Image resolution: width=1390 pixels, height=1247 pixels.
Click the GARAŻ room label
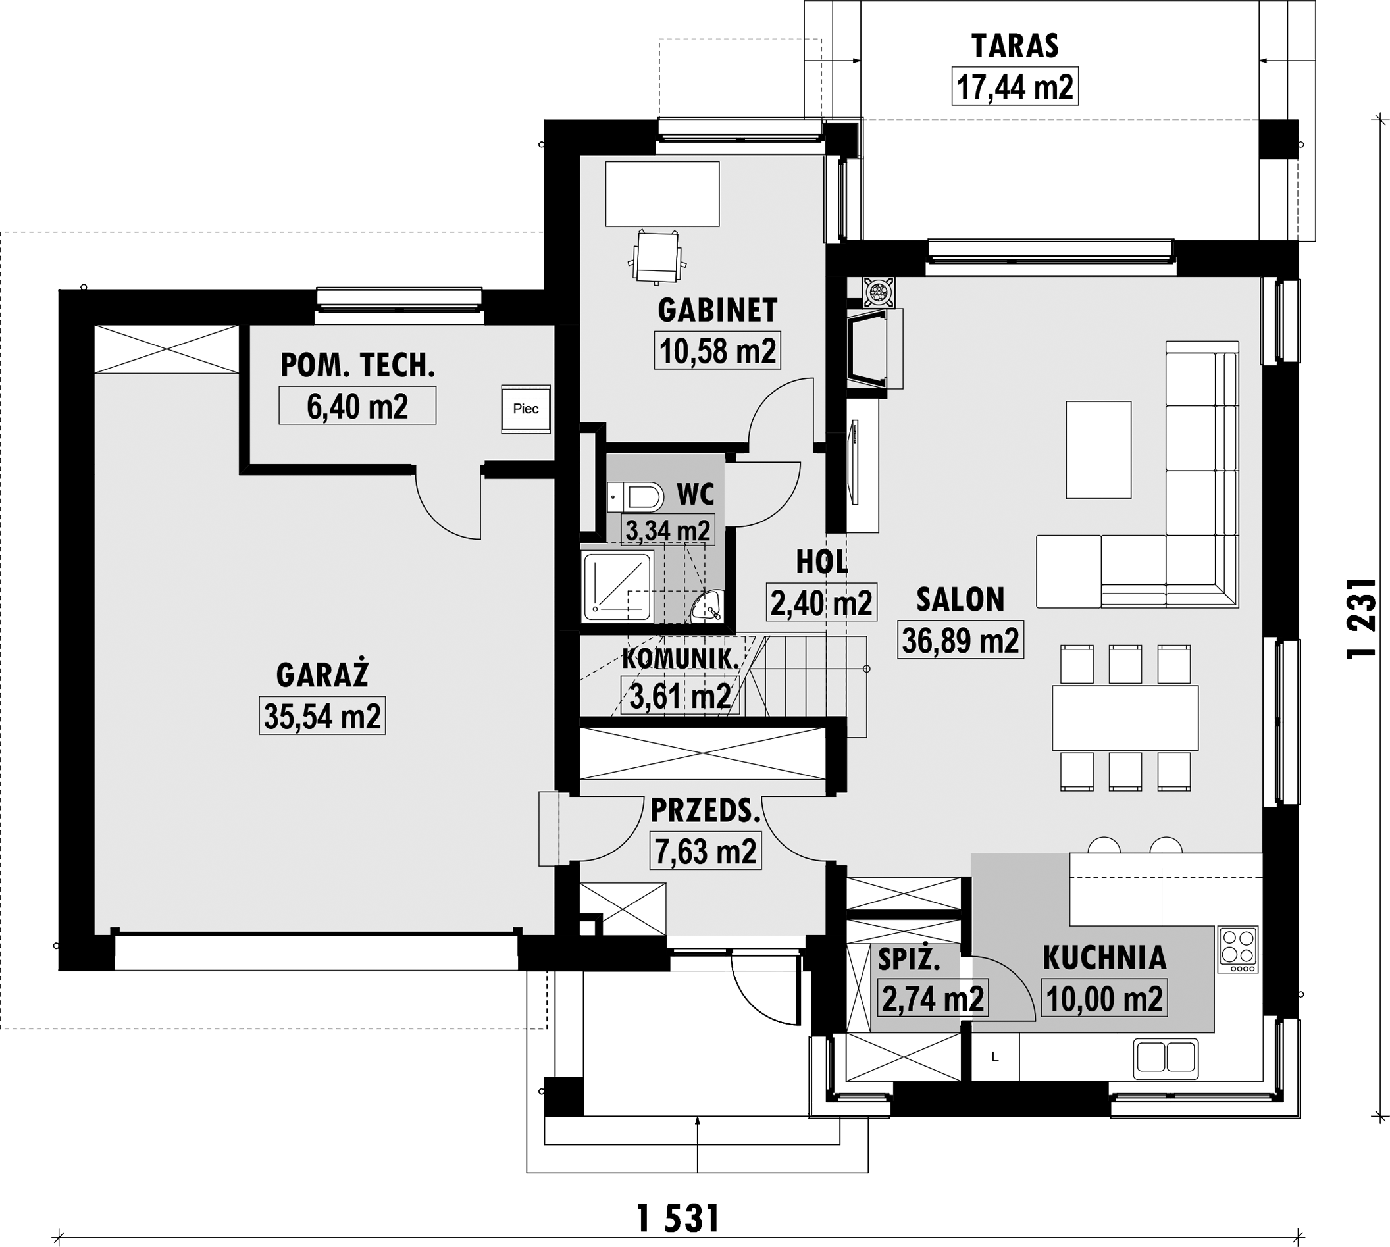tap(322, 675)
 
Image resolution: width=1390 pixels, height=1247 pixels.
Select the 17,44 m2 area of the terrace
tap(1014, 86)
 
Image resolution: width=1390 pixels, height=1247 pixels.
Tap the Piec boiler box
tap(526, 409)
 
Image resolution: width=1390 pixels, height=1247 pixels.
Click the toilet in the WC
tap(635, 497)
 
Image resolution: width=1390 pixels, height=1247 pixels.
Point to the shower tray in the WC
tap(617, 586)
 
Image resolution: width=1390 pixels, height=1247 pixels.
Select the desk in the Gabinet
tap(662, 194)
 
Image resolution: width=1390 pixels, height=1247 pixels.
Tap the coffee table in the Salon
tap(1098, 449)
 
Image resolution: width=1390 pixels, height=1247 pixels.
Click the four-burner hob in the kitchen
tap(1238, 950)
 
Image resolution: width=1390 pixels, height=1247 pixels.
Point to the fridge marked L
tap(995, 1057)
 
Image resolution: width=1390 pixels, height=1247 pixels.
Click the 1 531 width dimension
tap(677, 1219)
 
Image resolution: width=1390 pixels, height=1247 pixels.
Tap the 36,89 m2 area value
tap(960, 640)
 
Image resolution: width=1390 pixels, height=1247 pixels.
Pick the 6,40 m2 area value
tap(357, 405)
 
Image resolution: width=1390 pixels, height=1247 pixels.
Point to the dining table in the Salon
tap(1125, 718)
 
